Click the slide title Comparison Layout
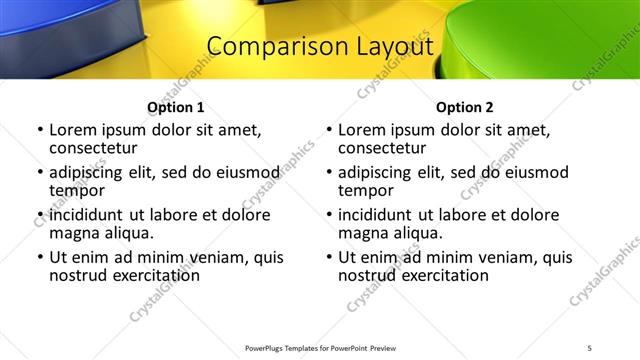319,47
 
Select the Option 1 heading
175,107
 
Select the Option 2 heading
464,107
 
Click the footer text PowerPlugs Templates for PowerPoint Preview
320,348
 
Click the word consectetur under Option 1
91,149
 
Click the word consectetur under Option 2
380,149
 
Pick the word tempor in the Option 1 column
75,191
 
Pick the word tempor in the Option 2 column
364,191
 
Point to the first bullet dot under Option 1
40,130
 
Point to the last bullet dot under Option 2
329,257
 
